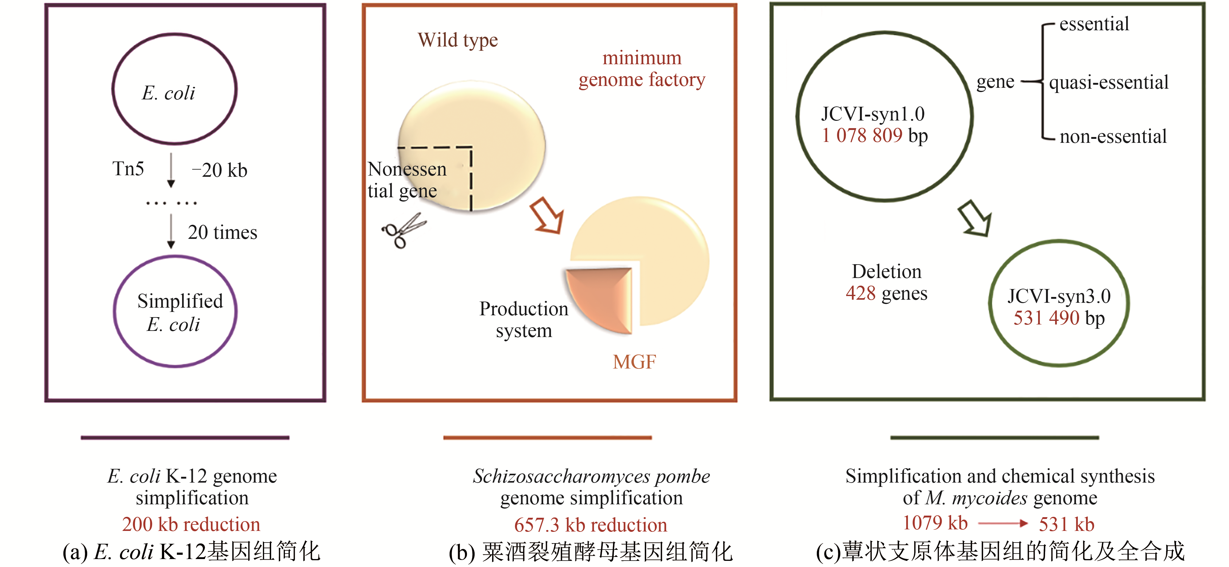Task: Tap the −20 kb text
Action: [219, 170]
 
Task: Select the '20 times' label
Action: [222, 232]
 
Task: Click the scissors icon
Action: [403, 230]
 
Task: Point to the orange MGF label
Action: [634, 362]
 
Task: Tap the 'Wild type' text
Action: [458, 40]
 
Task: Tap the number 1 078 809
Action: [862, 135]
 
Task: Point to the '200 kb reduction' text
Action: [191, 524]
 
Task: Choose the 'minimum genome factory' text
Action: [642, 69]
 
